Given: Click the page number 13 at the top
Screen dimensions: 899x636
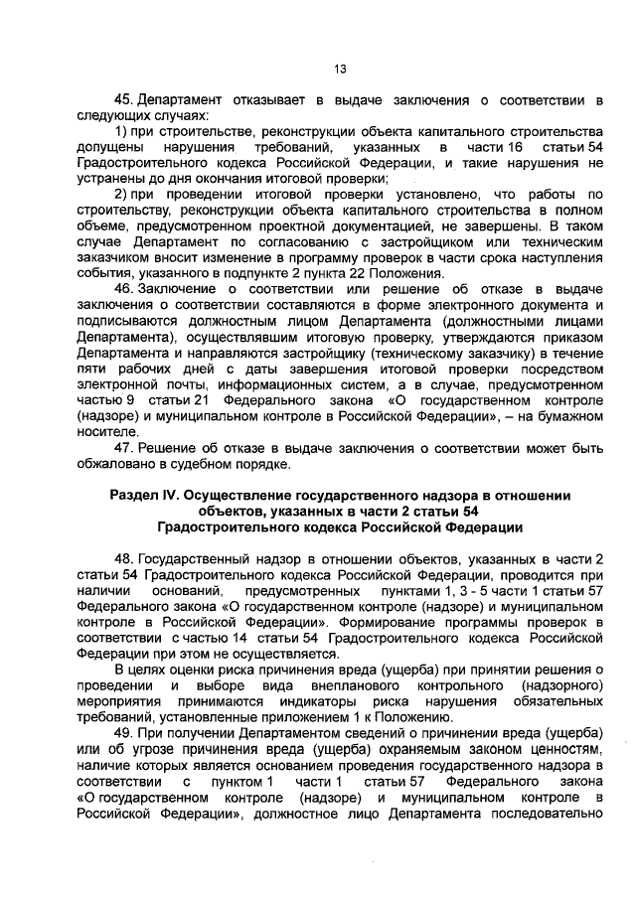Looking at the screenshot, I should pos(339,69).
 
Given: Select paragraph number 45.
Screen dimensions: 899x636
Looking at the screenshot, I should pos(124,100).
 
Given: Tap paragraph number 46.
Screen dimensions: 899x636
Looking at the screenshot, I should pos(124,288).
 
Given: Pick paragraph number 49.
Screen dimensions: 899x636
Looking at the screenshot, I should pos(124,727).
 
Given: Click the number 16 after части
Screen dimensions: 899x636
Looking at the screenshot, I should pos(514,147).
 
